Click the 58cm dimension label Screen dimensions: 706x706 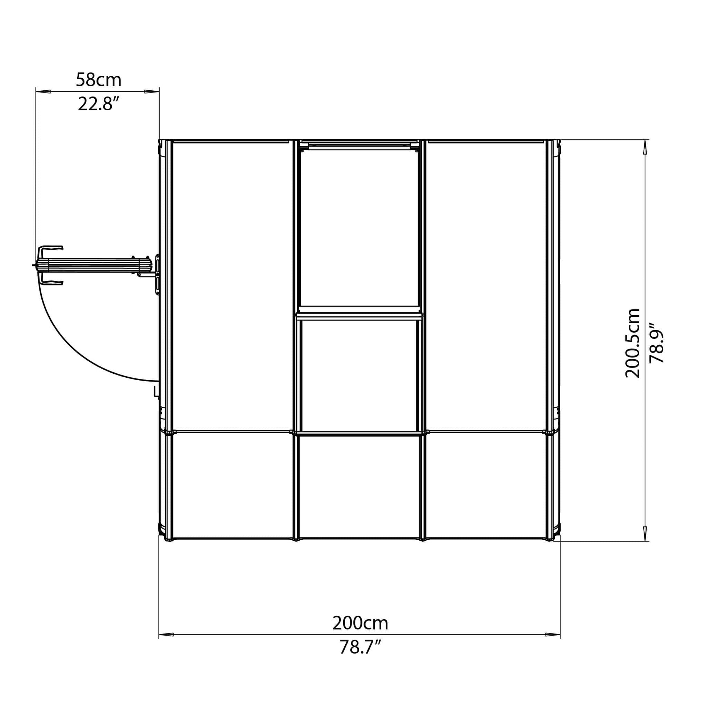[x=98, y=80]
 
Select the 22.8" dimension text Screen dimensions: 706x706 [x=98, y=105]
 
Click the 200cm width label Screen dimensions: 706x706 [x=360, y=623]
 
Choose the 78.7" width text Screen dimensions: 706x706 [x=360, y=648]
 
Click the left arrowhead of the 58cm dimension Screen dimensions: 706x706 [x=43, y=91]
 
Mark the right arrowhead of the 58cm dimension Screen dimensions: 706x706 [x=152, y=91]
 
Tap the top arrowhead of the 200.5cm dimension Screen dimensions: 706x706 [x=645, y=148]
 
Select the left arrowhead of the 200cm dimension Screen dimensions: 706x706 [x=166, y=635]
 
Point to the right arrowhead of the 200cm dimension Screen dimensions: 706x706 [x=552, y=635]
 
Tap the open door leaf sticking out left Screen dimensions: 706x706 [x=91, y=265]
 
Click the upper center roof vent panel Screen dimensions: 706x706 [x=359, y=226]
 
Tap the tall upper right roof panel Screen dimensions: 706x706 [x=486, y=285]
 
